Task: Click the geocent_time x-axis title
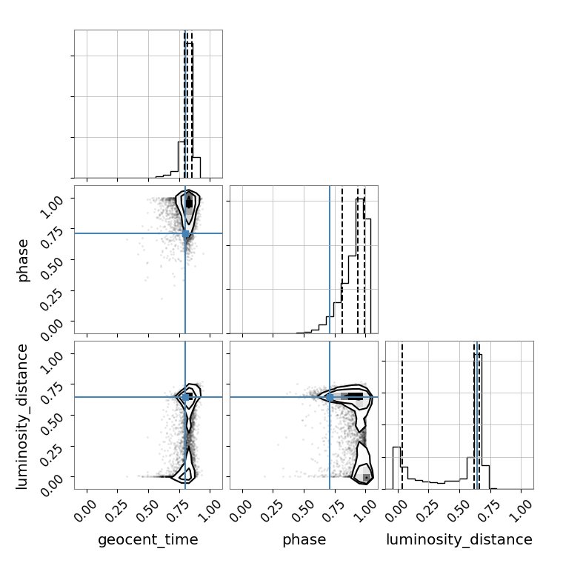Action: point(148,539)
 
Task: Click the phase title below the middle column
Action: point(304,539)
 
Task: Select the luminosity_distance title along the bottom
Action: point(459,539)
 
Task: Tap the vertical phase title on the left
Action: point(23,260)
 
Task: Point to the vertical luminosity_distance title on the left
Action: point(22,416)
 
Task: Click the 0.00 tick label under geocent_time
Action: point(85,510)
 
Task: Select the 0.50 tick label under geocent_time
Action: point(147,510)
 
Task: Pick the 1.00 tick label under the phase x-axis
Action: point(364,510)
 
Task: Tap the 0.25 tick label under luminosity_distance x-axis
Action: point(427,510)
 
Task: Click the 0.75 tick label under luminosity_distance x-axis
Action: point(489,510)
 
